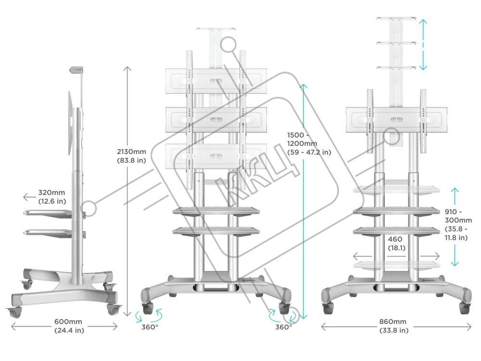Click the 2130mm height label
point(131,156)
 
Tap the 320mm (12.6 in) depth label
point(52,197)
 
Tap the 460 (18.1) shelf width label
point(396,244)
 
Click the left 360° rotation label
point(149,327)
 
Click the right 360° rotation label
point(284,327)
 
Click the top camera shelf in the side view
point(76,70)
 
